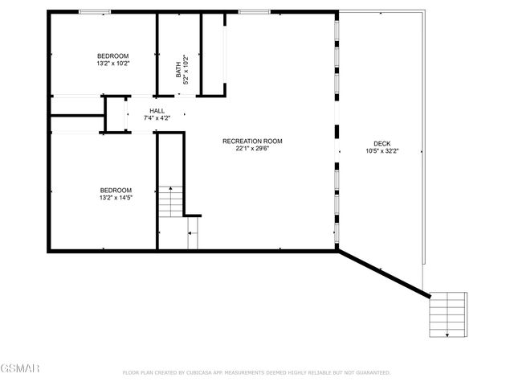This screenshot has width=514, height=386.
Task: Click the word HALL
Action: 157,112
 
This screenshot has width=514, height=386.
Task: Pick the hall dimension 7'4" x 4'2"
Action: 157,119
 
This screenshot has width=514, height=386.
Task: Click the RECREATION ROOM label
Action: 252,141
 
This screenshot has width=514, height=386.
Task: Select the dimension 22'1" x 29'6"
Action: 252,148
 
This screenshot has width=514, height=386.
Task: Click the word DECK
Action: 381,144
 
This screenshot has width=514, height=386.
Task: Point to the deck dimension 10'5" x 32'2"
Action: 381,151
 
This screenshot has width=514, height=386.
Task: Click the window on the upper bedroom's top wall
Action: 95,11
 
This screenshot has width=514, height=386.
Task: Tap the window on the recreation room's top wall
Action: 254,11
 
